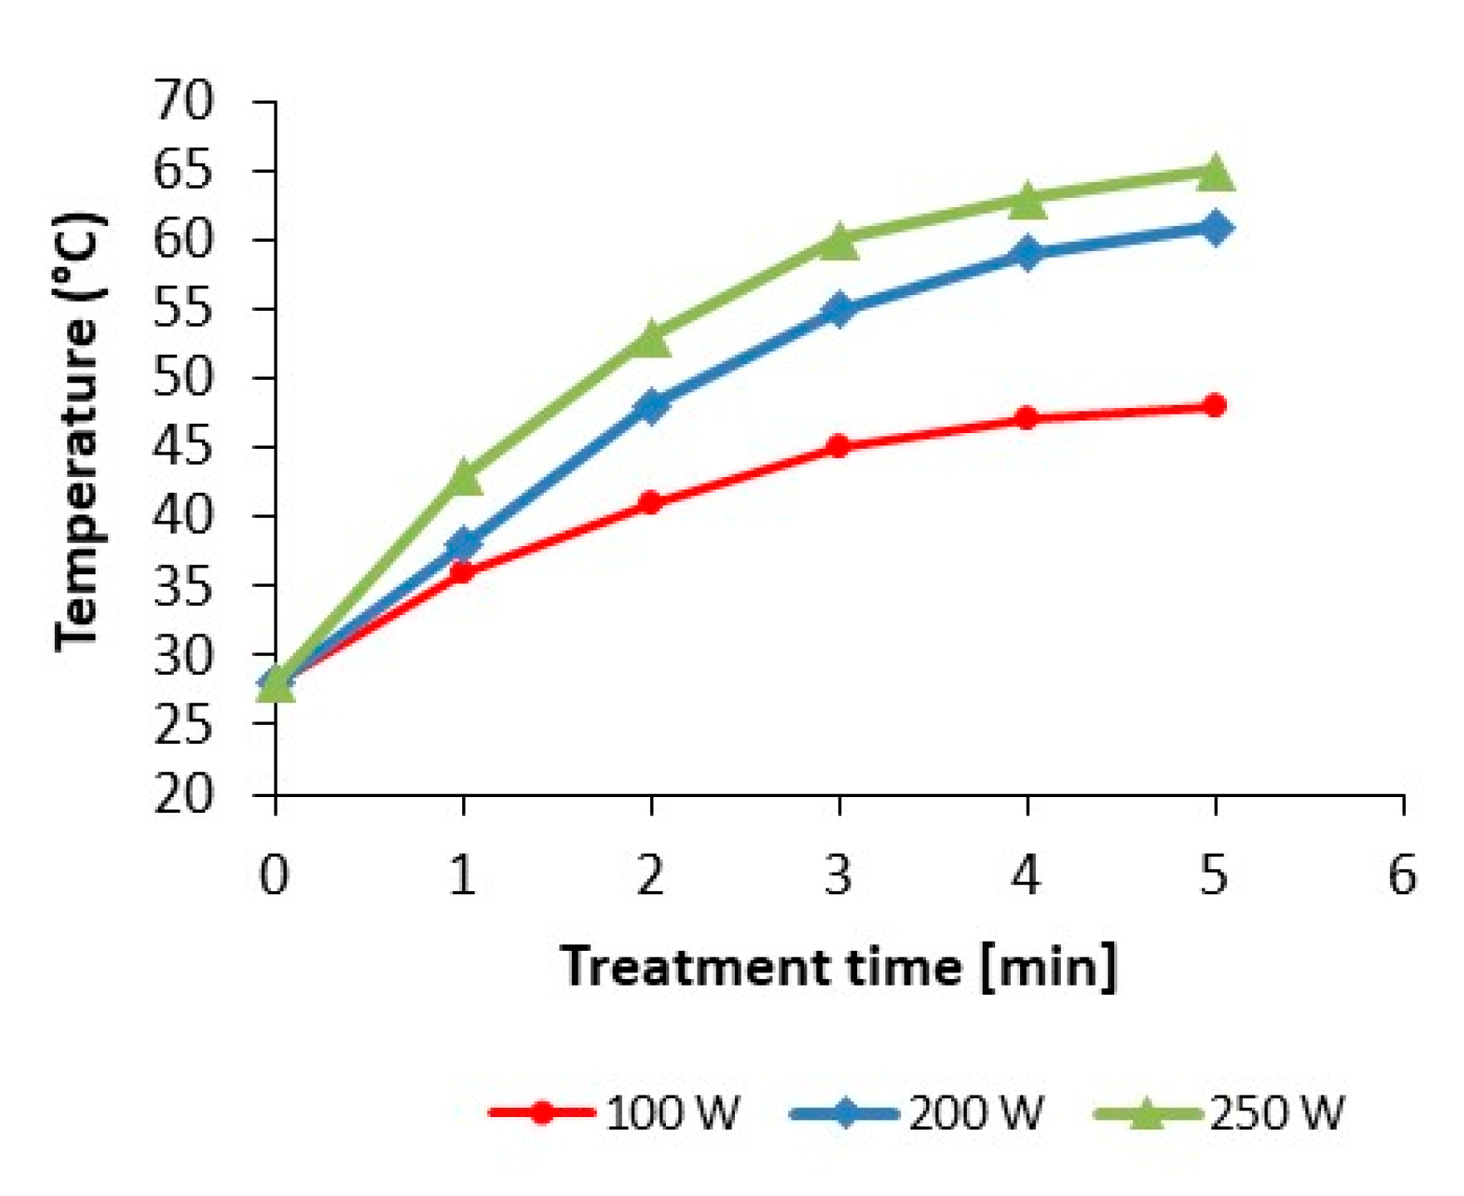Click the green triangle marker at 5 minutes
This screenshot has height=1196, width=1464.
(x=1215, y=173)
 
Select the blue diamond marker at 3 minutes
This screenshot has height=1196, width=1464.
(x=839, y=309)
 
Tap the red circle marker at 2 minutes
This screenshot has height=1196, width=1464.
(x=651, y=502)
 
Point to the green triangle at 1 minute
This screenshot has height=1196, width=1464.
(x=463, y=478)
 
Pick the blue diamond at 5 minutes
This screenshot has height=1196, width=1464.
(x=1215, y=227)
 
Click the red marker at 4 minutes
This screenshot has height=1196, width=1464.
(x=1028, y=418)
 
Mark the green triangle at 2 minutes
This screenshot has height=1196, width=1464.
(x=651, y=339)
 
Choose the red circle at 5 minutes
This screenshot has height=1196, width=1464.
(x=1215, y=406)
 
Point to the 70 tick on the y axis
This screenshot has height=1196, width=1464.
(x=184, y=101)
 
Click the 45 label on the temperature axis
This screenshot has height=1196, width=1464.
(x=184, y=447)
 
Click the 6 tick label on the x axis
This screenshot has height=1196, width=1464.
(x=1402, y=875)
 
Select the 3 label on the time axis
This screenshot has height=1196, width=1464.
(x=839, y=875)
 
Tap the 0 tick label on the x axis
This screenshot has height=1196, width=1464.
(x=274, y=875)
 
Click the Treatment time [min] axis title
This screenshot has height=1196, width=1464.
(x=839, y=967)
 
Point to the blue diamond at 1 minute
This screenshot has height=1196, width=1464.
(x=463, y=544)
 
